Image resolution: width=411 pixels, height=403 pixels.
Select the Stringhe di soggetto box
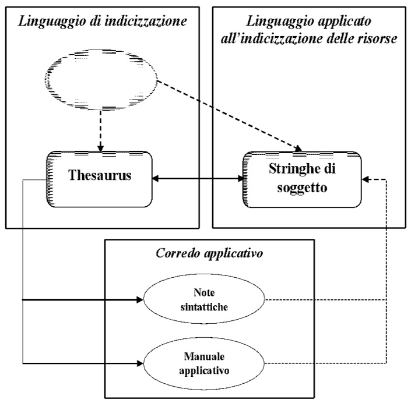[x=301, y=178]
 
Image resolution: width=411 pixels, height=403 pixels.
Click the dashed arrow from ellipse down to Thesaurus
[x=103, y=130]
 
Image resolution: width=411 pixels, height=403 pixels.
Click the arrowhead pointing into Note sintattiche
[x=139, y=301]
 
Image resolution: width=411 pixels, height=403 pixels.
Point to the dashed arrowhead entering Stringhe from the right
[x=366, y=179]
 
